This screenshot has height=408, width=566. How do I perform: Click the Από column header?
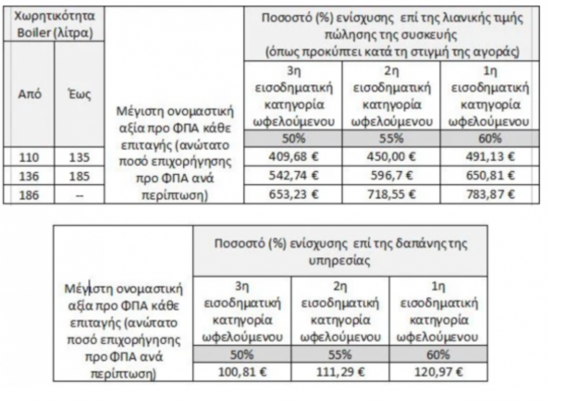[x=29, y=93]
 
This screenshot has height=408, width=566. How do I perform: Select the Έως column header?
[x=78, y=93]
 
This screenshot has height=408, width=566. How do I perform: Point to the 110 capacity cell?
[x=29, y=155]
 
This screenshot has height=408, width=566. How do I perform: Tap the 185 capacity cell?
[x=78, y=173]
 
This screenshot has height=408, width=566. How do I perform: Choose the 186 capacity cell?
[x=29, y=192]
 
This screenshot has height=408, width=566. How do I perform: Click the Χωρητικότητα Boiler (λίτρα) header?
[x=53, y=25]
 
